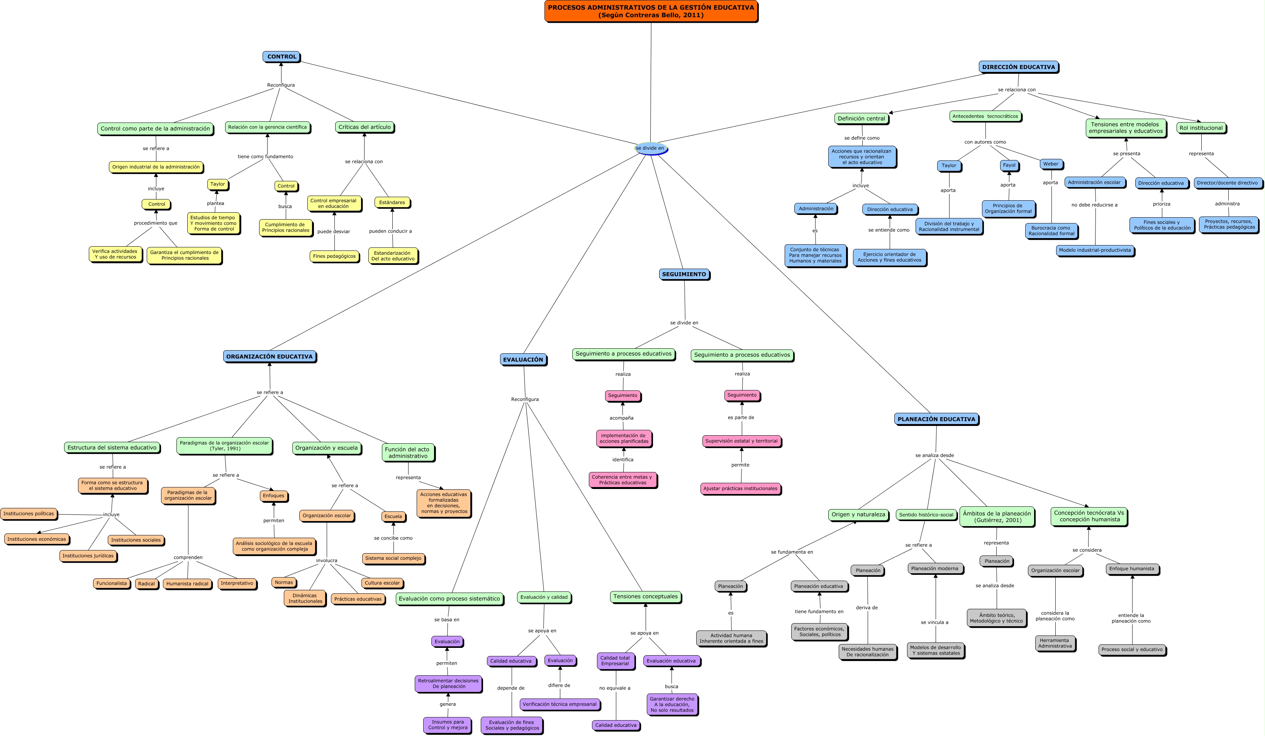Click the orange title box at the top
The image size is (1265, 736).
coord(651,11)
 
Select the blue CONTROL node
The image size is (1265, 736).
coord(281,57)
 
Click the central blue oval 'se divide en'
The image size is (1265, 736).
coord(650,148)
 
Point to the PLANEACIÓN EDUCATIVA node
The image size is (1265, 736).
coord(936,419)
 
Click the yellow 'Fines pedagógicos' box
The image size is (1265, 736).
coord(334,256)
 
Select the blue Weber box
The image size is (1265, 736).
coord(1051,164)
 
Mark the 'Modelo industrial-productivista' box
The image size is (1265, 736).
coord(1095,250)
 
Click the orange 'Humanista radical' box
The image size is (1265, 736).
coord(187,584)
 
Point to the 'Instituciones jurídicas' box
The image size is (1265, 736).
coord(88,555)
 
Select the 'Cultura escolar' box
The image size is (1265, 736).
coord(382,583)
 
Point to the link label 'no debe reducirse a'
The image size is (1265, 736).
coord(1094,205)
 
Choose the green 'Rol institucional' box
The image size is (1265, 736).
coord(1201,128)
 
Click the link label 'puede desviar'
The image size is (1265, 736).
coord(333,232)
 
